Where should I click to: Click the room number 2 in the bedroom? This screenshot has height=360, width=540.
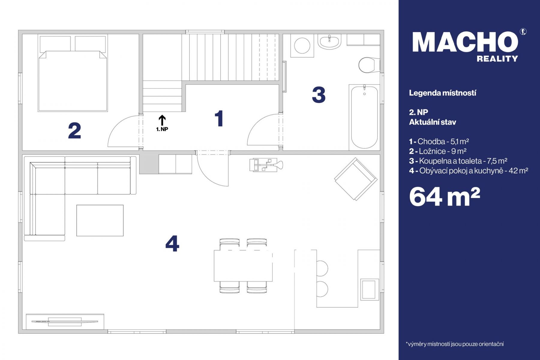click(x=74, y=131)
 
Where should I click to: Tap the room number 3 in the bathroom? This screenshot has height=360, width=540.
click(x=319, y=95)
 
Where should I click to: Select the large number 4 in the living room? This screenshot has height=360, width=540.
click(x=172, y=243)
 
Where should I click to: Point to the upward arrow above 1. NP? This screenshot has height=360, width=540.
click(x=162, y=120)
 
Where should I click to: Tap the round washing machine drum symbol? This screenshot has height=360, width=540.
click(x=302, y=46)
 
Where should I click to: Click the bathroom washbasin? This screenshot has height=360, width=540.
click(x=329, y=42)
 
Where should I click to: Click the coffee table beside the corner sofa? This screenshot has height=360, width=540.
click(x=100, y=220)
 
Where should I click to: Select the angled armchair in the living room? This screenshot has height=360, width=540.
click(x=356, y=179)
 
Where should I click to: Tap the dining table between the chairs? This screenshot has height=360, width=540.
click(x=243, y=265)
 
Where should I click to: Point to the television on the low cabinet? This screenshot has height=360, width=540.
click(x=65, y=322)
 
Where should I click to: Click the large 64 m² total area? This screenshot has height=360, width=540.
click(x=445, y=196)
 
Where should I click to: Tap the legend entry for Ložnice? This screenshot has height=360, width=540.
click(x=438, y=151)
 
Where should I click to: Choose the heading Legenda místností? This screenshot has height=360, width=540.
click(x=442, y=93)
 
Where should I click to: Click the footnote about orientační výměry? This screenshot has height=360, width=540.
click(x=454, y=344)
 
